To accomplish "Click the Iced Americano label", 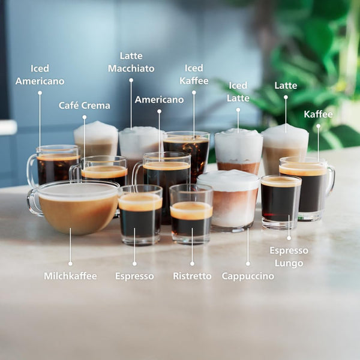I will [x=40, y=74].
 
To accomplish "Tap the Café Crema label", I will [x=85, y=106].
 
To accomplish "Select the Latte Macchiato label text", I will [x=131, y=62].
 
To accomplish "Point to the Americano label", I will [x=159, y=100].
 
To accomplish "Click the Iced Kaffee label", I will [x=194, y=74].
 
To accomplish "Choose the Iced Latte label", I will [x=238, y=92].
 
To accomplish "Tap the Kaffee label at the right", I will [x=318, y=114].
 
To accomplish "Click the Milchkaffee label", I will [x=70, y=276].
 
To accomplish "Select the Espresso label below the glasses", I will [x=134, y=276].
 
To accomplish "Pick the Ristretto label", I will [x=192, y=276].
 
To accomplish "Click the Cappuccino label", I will [x=248, y=276].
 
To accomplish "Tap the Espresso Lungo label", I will [x=289, y=256].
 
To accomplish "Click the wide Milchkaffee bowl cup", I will [x=75, y=210].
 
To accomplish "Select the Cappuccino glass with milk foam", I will [x=228, y=201].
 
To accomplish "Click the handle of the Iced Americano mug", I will [x=31, y=170].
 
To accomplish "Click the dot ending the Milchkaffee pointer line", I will [x=70, y=263].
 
